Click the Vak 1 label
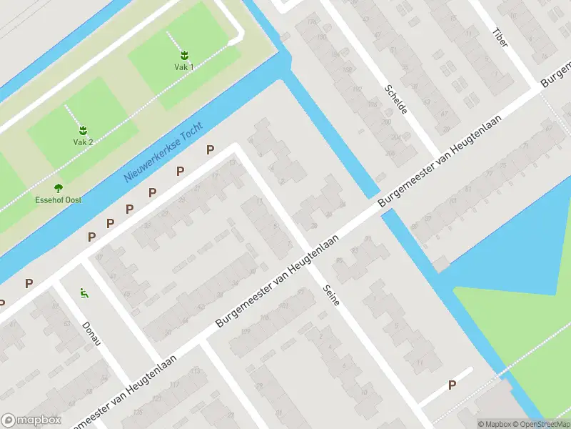[184, 66]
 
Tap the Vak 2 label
[83, 142]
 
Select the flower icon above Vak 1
[184, 54]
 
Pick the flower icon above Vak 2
[83, 129]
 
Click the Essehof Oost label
[59, 200]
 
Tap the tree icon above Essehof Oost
[59, 188]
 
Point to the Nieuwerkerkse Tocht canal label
[163, 151]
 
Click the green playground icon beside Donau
[84, 292]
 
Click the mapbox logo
[31, 420]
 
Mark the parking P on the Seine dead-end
[452, 385]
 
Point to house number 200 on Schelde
[386, 122]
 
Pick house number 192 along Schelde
[357, 89]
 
